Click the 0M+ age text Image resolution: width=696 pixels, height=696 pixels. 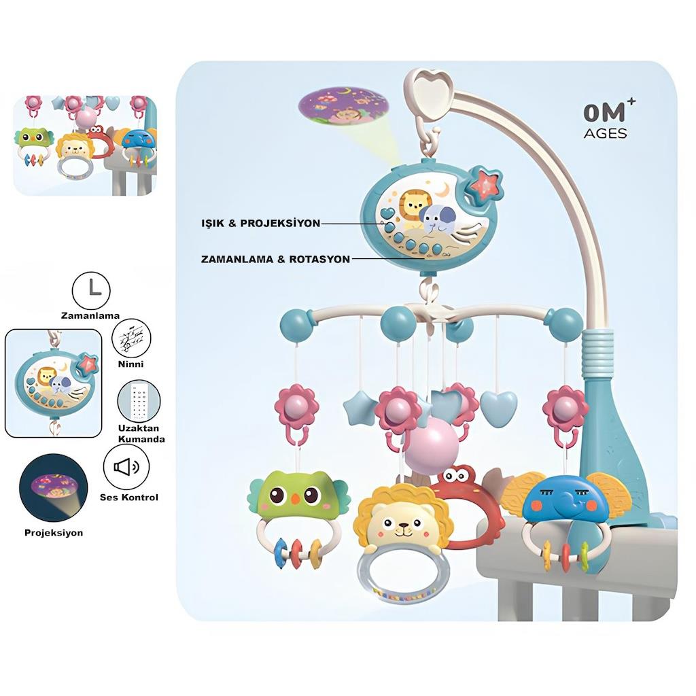coord(605,112)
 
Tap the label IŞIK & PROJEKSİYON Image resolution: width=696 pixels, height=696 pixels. coord(261,223)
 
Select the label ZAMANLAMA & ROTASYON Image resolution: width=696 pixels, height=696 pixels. coord(275,259)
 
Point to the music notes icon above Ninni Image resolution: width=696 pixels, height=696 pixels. coord(130,338)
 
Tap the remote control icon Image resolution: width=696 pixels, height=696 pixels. coord(139,403)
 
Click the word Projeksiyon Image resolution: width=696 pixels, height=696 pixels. coord(54,532)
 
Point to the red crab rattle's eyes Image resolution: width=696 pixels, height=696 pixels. coord(462,474)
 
